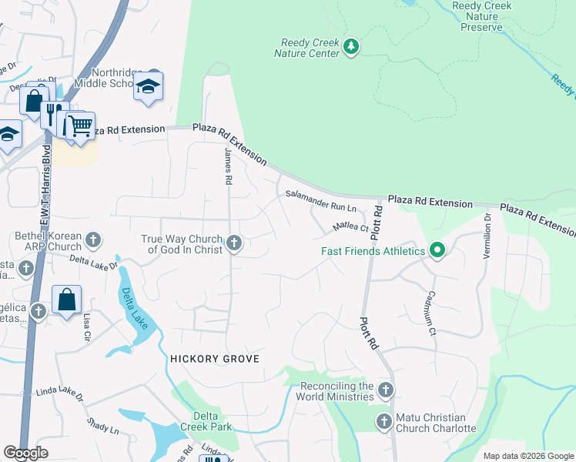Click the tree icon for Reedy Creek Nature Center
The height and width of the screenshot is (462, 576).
point(351,47)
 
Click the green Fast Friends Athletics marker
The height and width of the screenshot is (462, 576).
point(437,250)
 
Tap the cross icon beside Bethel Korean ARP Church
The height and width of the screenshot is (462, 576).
point(92,240)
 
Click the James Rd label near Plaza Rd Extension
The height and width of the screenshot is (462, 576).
point(228,166)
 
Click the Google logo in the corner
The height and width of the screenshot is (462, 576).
point(25,453)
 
